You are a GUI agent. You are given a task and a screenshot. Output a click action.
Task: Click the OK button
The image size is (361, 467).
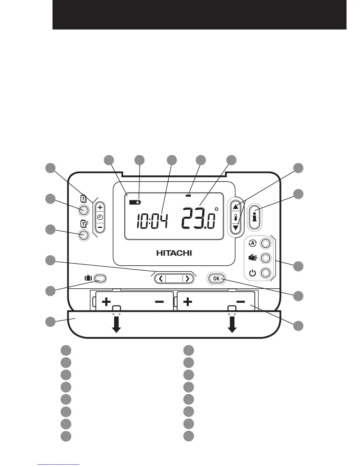point(216,279)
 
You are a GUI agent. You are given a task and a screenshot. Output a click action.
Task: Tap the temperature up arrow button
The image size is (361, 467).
point(235,207)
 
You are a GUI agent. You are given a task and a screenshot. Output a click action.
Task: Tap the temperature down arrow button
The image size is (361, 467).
point(235,228)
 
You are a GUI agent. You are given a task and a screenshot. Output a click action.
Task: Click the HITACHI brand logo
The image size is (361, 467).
point(174,253)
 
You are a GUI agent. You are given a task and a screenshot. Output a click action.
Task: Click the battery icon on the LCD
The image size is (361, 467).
point(135,202)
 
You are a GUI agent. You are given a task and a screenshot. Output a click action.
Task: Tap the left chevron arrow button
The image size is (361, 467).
point(161,279)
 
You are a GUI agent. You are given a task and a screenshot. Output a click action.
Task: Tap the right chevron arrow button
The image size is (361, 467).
point(187,279)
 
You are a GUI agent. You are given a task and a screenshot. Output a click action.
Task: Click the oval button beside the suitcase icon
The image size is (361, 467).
point(100,278)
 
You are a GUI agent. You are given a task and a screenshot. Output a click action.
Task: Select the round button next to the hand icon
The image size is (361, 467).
point(265,258)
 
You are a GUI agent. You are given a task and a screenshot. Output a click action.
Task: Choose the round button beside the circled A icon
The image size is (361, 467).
point(265,244)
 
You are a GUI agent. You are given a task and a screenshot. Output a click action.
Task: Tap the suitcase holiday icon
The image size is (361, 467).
point(88,278)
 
